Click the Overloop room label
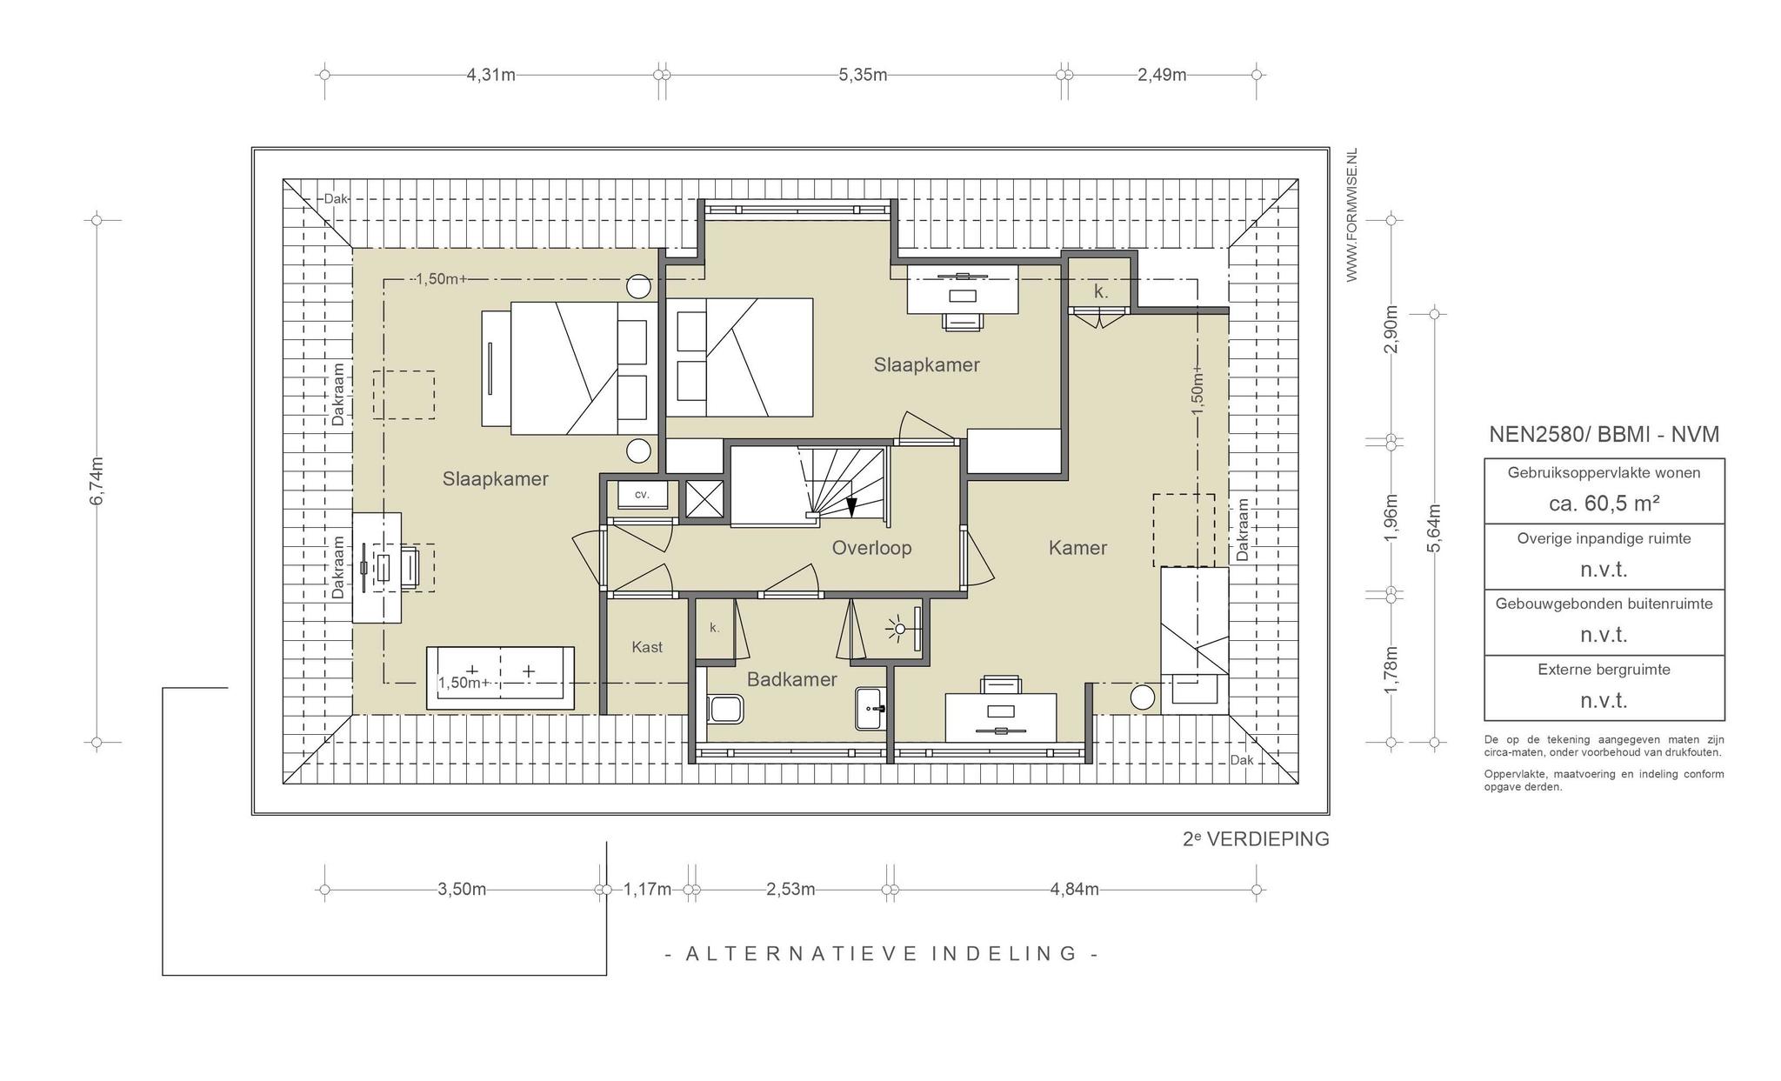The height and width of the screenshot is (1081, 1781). (871, 548)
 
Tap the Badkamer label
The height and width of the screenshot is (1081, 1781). (791, 679)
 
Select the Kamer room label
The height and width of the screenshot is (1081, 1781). (1077, 548)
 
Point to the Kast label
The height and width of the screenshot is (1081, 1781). (647, 647)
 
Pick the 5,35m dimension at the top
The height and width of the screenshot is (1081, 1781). (863, 75)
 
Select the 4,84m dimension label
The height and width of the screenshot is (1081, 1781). (1074, 890)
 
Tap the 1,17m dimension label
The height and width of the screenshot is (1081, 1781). (647, 890)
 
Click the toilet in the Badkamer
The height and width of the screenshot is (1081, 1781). (724, 709)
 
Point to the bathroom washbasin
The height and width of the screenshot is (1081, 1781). (870, 709)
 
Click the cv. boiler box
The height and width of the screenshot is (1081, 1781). (643, 495)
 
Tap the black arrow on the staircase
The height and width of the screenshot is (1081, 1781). (851, 506)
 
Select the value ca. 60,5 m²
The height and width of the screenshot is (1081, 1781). (1604, 504)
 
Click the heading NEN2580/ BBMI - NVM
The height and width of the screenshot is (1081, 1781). (1604, 434)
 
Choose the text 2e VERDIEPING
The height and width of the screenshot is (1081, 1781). (1256, 839)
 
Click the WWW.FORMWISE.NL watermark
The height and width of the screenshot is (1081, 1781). (1351, 215)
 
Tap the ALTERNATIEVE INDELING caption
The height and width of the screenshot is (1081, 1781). (881, 954)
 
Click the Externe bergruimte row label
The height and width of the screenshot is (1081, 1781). (1604, 670)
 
